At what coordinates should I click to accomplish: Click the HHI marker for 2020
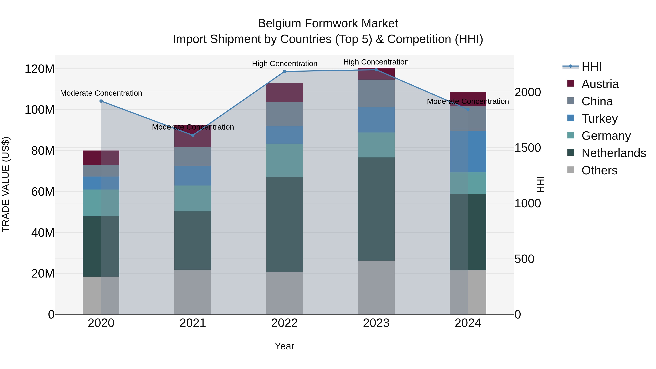(101, 101)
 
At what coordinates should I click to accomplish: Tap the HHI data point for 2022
(284, 72)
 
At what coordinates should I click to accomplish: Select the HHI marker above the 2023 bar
(376, 70)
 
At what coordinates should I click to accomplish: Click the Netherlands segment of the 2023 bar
(376, 209)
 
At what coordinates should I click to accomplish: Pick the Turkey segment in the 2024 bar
(468, 152)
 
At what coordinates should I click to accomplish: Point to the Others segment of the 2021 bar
(193, 292)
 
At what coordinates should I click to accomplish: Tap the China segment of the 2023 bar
(376, 93)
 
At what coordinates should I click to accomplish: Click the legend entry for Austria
(600, 84)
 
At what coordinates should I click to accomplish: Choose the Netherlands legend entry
(613, 153)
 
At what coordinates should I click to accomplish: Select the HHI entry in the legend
(591, 67)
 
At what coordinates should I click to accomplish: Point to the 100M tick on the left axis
(40, 110)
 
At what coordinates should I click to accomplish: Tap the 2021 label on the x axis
(193, 323)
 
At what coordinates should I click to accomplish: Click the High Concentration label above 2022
(284, 64)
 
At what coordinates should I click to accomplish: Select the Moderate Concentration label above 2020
(101, 93)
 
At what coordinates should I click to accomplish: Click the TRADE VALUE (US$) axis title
(6, 184)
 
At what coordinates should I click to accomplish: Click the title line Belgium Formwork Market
(328, 24)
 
